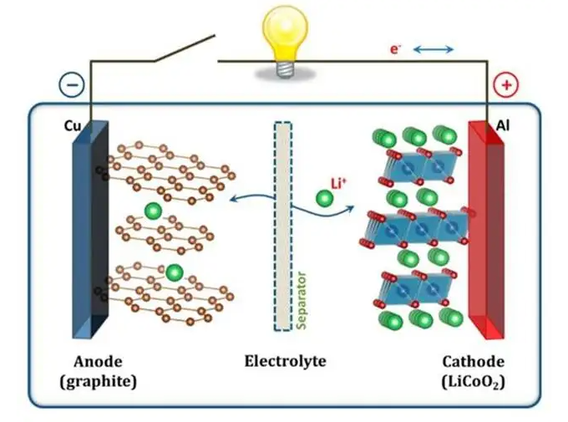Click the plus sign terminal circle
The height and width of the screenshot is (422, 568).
(x=506, y=84)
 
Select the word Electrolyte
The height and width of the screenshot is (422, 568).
(x=285, y=362)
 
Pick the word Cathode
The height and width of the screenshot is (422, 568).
(x=473, y=362)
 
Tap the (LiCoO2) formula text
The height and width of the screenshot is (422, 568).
(x=473, y=382)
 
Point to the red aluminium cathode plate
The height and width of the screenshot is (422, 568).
(x=486, y=226)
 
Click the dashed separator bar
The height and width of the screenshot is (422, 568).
(x=283, y=226)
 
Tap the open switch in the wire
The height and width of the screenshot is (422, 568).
(x=184, y=48)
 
